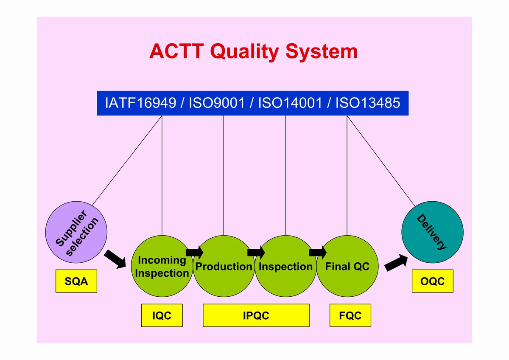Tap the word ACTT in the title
[176, 51]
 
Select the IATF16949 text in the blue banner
[141, 103]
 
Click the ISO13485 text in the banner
[368, 103]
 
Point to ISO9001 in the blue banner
[217, 103]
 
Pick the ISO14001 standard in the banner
[290, 103]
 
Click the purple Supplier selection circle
[76, 232]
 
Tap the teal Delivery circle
[432, 232]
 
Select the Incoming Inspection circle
[162, 266]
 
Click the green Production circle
[224, 266]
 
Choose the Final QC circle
[347, 266]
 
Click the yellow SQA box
[76, 281]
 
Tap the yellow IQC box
[162, 315]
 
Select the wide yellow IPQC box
[256, 315]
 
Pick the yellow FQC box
[350, 315]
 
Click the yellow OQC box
[433, 281]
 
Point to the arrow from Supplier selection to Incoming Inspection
[115, 259]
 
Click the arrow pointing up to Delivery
[396, 263]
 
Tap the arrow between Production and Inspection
[256, 253]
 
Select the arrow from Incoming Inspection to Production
[195, 253]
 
